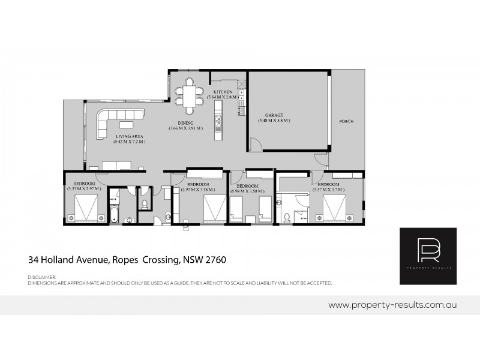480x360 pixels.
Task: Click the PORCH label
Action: [x=346, y=121]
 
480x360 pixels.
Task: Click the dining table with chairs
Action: [x=190, y=96]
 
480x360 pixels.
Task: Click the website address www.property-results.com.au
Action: [x=393, y=305]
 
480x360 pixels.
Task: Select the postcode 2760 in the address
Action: [x=215, y=260]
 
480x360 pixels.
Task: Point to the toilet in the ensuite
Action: [x=287, y=217]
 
